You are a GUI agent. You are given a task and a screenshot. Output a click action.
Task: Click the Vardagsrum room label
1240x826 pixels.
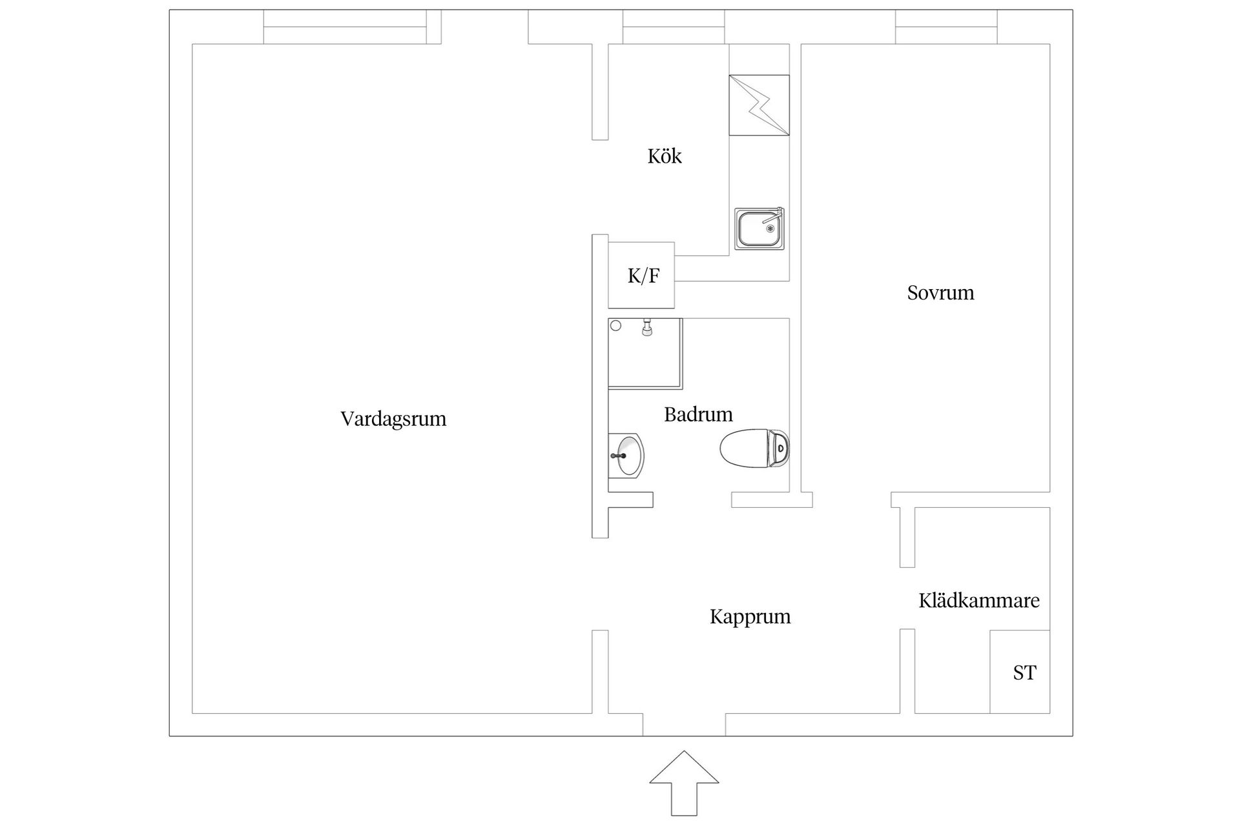(x=393, y=419)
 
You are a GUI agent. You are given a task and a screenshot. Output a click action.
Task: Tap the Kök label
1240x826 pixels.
(x=665, y=156)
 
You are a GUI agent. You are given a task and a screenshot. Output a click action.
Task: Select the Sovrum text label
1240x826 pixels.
(x=940, y=293)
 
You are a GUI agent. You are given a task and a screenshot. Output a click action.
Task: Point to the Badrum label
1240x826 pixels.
(x=698, y=414)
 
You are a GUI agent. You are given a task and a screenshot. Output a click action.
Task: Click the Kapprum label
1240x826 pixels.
(x=750, y=617)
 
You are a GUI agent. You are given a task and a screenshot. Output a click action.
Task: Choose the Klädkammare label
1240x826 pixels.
(x=979, y=601)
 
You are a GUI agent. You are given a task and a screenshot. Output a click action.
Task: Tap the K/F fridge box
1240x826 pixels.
(x=641, y=276)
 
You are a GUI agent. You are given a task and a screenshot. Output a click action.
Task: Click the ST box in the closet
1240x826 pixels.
(x=1020, y=672)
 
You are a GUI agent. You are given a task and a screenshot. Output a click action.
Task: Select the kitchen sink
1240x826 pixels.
(x=759, y=228)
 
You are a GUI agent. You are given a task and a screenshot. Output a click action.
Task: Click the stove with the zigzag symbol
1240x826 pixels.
(x=759, y=105)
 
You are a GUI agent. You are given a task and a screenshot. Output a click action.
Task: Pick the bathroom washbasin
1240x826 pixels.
(x=626, y=456)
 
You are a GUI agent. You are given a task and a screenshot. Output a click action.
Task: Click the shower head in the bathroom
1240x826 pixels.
(x=646, y=328)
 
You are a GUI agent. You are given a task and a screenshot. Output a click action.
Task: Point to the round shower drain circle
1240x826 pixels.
(x=616, y=326)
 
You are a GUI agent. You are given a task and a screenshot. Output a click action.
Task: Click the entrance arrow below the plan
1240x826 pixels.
(x=684, y=783)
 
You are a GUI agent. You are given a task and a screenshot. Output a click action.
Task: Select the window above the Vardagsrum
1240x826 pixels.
(x=345, y=27)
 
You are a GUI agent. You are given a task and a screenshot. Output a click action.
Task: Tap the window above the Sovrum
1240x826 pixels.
(x=946, y=27)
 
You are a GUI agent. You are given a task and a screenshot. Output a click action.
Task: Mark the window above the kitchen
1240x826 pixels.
(x=674, y=27)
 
